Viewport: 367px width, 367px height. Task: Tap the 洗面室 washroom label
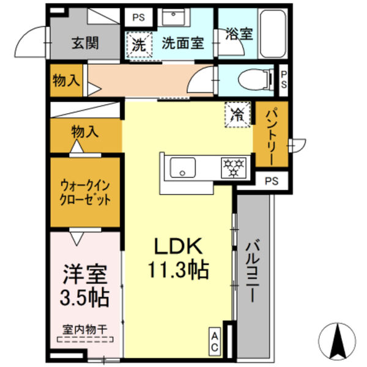[x=183, y=43]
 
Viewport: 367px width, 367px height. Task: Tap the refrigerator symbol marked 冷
[x=237, y=113]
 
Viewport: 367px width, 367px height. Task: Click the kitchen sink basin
[x=182, y=166]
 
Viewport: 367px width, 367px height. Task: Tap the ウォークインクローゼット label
[x=85, y=191]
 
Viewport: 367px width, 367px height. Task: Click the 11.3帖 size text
[x=177, y=269]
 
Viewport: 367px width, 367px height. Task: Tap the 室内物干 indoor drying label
[x=85, y=329]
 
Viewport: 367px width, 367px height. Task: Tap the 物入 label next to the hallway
[x=64, y=80]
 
